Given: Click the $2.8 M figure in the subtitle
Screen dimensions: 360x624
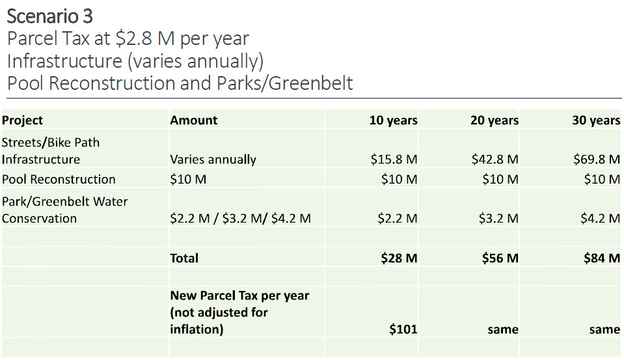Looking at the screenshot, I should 146,38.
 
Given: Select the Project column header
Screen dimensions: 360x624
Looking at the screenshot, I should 23,120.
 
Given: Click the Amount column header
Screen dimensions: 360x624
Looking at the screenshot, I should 194,120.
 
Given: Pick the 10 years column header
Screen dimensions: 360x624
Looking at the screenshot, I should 393,120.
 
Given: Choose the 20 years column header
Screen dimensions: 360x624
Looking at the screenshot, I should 495,120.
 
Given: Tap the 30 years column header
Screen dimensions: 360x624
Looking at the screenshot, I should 596,120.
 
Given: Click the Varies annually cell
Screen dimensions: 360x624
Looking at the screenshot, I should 213,159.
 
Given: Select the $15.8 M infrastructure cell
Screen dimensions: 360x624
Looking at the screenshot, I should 393,159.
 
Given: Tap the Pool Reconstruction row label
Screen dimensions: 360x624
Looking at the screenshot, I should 59,180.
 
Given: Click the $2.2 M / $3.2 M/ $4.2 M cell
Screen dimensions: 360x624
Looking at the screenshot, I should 240,219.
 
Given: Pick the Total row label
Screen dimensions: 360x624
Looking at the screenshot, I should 184,258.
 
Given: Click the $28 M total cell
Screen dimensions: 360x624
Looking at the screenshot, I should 399,258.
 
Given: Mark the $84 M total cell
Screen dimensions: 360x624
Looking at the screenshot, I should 602,258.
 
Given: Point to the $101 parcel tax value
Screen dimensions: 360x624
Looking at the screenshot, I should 403,329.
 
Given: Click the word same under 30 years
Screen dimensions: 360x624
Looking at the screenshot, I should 604,329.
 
